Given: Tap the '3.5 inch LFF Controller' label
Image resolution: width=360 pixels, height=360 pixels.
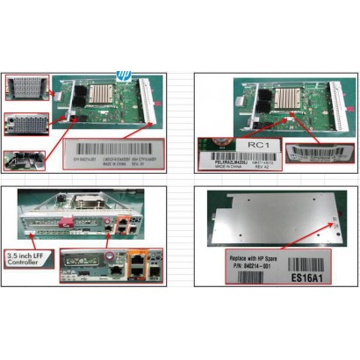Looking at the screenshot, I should pos(25,259).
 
